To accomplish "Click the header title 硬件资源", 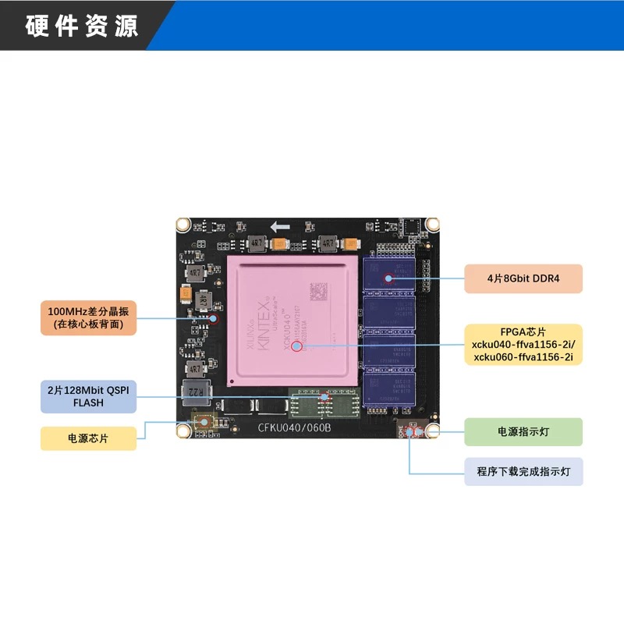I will click(82, 26).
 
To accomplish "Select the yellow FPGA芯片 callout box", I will click(523, 344).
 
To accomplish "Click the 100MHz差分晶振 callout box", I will click(88, 317).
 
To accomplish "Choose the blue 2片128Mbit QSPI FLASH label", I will click(88, 396).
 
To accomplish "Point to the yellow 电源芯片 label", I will click(88, 438).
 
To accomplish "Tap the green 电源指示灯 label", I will click(523, 431).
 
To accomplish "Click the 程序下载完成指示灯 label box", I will click(523, 472).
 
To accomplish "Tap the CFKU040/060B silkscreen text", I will click(295, 427).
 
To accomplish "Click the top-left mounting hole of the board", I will click(183, 225).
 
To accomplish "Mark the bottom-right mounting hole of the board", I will click(431, 430).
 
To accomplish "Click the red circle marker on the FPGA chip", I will click(297, 347).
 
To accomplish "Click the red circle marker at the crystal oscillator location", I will click(216, 317).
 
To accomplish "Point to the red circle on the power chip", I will click(205, 422).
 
